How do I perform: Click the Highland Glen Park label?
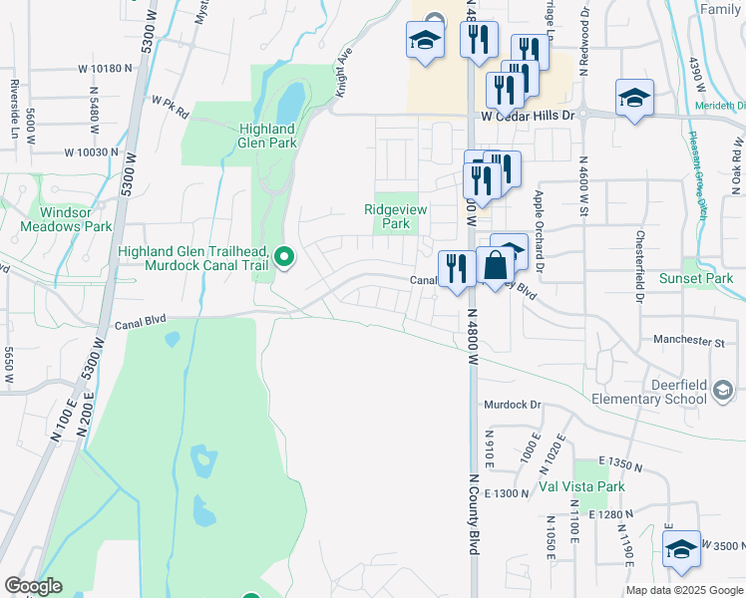point(267,136)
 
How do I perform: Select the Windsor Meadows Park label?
point(76,219)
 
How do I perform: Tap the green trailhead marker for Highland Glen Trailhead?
point(284,258)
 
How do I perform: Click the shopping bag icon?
point(496,265)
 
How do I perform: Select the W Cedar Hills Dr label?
point(529,116)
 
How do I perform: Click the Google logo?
point(33,586)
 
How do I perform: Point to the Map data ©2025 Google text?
point(683,590)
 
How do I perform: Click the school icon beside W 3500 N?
point(681,549)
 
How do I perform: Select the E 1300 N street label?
point(506,493)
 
